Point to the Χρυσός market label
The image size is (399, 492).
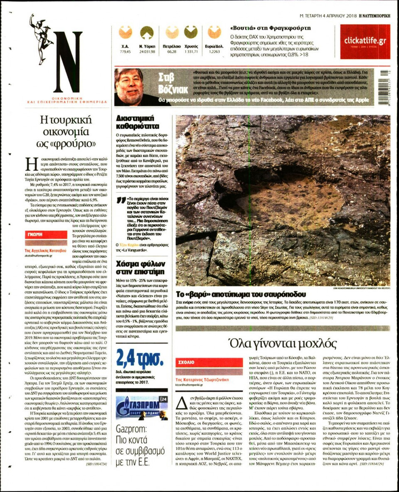[x=191, y=46]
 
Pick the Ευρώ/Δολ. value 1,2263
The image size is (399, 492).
[x=214, y=52]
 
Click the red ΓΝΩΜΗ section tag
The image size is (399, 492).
[x=35, y=234]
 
